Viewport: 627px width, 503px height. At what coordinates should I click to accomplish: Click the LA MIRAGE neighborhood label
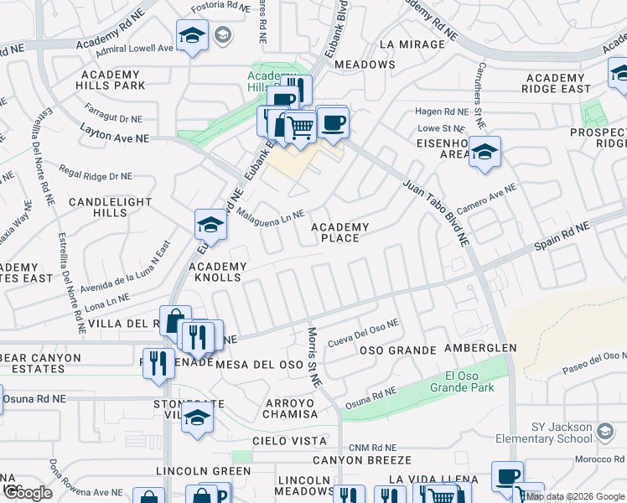(412, 44)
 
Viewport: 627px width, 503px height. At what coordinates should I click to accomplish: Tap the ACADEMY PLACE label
(340, 232)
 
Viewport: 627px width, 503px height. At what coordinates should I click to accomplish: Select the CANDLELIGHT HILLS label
(110, 208)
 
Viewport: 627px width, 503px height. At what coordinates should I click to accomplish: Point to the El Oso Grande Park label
(461, 381)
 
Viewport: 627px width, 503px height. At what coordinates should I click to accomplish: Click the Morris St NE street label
(314, 357)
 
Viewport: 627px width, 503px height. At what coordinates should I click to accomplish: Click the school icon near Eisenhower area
(484, 153)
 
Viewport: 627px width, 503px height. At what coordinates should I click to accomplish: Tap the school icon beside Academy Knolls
(210, 226)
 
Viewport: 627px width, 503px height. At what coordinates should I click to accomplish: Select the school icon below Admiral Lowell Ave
(192, 36)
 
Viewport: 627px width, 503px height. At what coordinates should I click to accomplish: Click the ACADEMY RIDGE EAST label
(567, 82)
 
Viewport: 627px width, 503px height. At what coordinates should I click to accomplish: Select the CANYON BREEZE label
(362, 460)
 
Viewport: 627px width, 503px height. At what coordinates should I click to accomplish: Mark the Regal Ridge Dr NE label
(96, 174)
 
